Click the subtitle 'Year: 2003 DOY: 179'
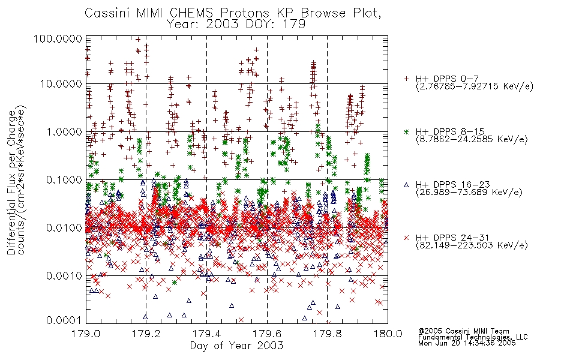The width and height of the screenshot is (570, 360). click(x=236, y=25)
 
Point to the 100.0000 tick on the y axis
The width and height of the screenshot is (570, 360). click(x=58, y=38)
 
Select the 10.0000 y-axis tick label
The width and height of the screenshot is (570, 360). click(x=61, y=84)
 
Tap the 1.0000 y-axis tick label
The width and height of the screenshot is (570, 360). click(x=64, y=131)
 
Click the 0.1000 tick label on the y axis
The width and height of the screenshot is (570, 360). click(x=64, y=179)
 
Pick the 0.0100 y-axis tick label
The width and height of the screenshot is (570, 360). click(x=64, y=228)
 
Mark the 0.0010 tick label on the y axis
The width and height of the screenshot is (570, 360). click(x=64, y=276)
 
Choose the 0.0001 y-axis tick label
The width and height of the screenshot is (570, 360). click(x=64, y=320)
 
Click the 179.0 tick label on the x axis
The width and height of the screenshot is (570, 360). click(x=86, y=334)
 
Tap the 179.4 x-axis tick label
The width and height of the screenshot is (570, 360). click(x=206, y=334)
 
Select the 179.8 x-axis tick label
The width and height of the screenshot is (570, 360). click(x=327, y=334)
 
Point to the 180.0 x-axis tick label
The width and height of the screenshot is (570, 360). click(x=388, y=334)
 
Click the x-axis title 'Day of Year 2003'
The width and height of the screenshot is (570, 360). click(x=236, y=346)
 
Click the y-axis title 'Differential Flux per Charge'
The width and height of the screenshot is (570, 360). click(x=11, y=182)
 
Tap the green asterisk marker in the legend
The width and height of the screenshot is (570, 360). click(x=406, y=131)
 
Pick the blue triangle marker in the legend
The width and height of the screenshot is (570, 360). click(x=406, y=185)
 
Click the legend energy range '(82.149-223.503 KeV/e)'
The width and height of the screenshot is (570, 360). click(x=472, y=245)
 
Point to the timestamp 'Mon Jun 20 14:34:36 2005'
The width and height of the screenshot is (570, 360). click(x=467, y=343)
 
